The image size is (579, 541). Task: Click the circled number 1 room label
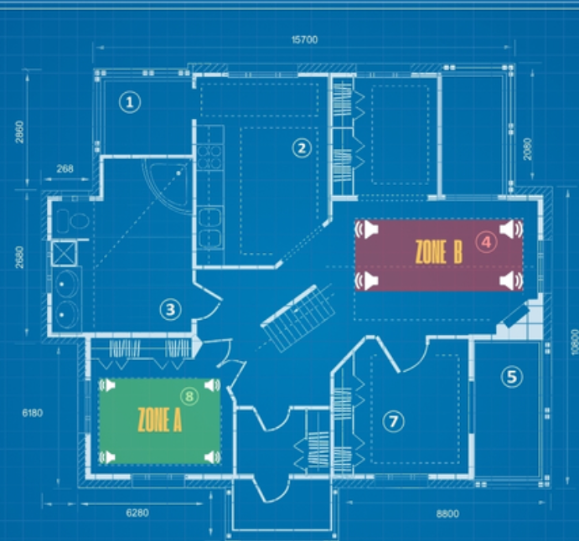click(x=130, y=102)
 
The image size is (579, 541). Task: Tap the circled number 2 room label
click(x=302, y=148)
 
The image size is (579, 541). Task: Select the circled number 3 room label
click(x=170, y=309)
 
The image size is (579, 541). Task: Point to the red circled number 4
click(x=486, y=242)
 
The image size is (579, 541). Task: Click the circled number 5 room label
click(x=512, y=376)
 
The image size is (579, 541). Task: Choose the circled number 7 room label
click(x=393, y=421)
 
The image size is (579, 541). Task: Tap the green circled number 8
click(x=189, y=396)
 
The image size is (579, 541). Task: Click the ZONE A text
click(x=160, y=420)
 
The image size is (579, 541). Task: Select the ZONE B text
click(x=439, y=252)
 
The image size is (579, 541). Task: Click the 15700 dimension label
click(x=304, y=40)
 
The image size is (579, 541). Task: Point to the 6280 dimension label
click(x=137, y=513)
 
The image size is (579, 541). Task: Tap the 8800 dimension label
click(x=447, y=513)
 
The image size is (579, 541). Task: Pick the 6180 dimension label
click(x=33, y=413)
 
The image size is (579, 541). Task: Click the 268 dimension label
click(x=65, y=168)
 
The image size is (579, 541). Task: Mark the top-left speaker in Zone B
click(x=367, y=229)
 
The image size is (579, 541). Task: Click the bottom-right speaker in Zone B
click(x=511, y=281)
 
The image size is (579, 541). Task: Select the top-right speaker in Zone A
click(x=212, y=385)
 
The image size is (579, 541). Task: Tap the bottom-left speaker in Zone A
click(x=107, y=457)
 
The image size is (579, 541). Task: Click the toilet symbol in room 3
click(x=74, y=221)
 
